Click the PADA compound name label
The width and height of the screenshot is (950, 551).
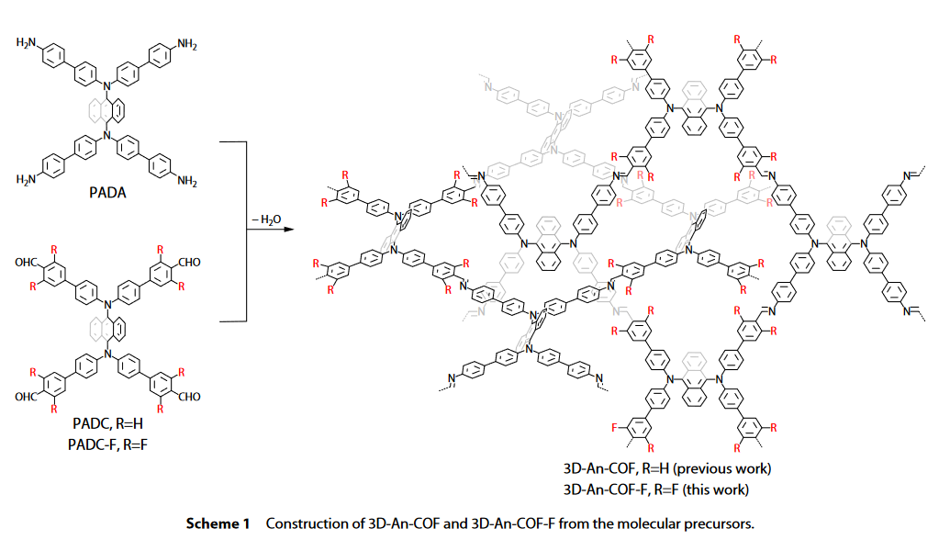coord(107,193)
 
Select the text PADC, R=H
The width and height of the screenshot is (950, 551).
coord(107,423)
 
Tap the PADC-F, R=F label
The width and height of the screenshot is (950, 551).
coord(107,444)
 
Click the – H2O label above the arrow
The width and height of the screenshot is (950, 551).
coord(266,219)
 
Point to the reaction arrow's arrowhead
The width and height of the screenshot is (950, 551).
coord(289,230)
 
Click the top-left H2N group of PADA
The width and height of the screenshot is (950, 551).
coord(26,43)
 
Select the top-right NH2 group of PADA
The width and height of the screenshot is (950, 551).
coord(187,44)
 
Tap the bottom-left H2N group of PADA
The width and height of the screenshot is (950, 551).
coord(26,179)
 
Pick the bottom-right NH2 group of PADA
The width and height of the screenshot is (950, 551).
coord(187,181)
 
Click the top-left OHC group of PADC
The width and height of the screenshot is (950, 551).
coord(26,263)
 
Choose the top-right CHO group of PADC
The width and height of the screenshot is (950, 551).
coord(189,263)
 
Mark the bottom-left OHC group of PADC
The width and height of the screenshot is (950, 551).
coord(26,397)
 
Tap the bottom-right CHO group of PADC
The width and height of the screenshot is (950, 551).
coord(189,397)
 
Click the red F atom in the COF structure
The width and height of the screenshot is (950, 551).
coord(614,427)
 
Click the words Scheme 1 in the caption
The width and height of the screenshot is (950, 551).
coord(218,523)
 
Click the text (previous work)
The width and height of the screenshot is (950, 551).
coord(721,468)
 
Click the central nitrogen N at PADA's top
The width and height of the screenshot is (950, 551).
coord(107,86)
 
